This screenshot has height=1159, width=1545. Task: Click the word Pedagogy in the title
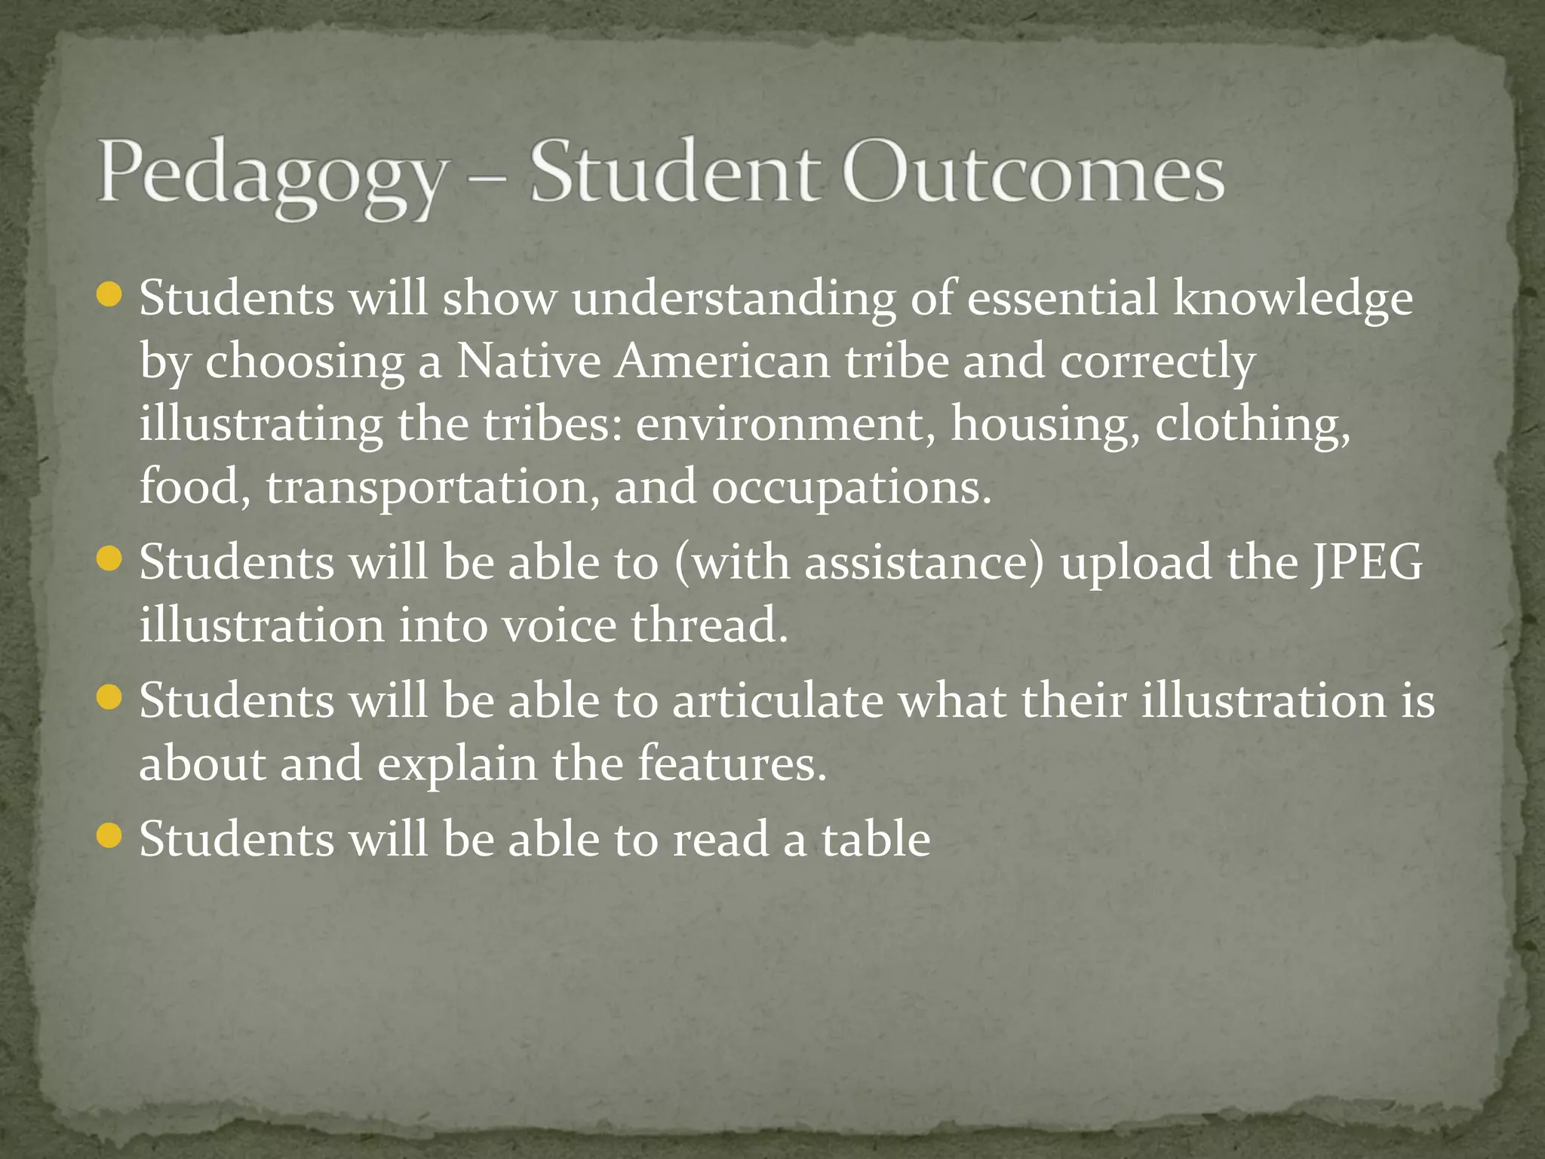point(272,177)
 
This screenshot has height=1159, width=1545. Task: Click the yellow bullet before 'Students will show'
point(110,295)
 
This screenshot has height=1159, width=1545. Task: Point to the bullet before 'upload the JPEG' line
point(110,560)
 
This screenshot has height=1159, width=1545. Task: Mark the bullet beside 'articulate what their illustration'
point(110,698)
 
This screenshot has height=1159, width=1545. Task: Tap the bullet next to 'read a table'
point(110,836)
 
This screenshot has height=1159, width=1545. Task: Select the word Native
point(529,361)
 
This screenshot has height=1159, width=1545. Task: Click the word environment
point(779,424)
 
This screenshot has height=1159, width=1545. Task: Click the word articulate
point(778,701)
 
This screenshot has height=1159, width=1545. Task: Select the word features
point(732,764)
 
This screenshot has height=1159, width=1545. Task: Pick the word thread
point(709,626)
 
